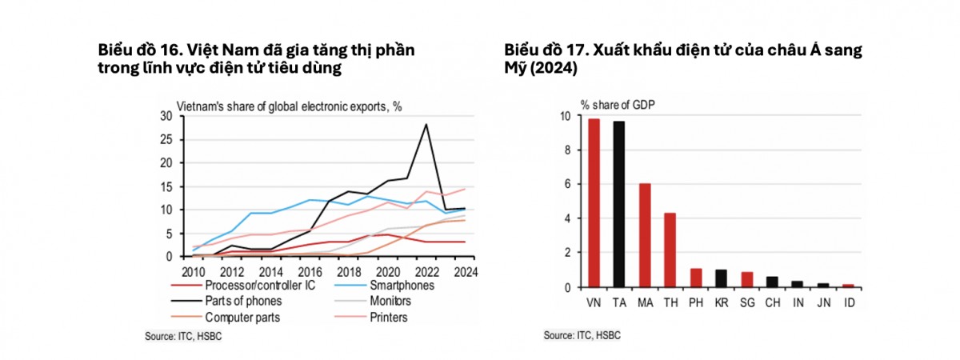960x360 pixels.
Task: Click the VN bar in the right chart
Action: pos(594,203)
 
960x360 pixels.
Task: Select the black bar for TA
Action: pos(619,204)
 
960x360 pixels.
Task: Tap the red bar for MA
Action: pos(645,235)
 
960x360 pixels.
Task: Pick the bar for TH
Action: pos(670,250)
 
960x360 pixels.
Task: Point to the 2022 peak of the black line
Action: pos(426,124)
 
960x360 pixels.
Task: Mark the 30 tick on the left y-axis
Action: pos(167,116)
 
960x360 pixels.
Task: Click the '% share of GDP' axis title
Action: pos(614,104)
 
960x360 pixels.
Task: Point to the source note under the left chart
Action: pos(182,336)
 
